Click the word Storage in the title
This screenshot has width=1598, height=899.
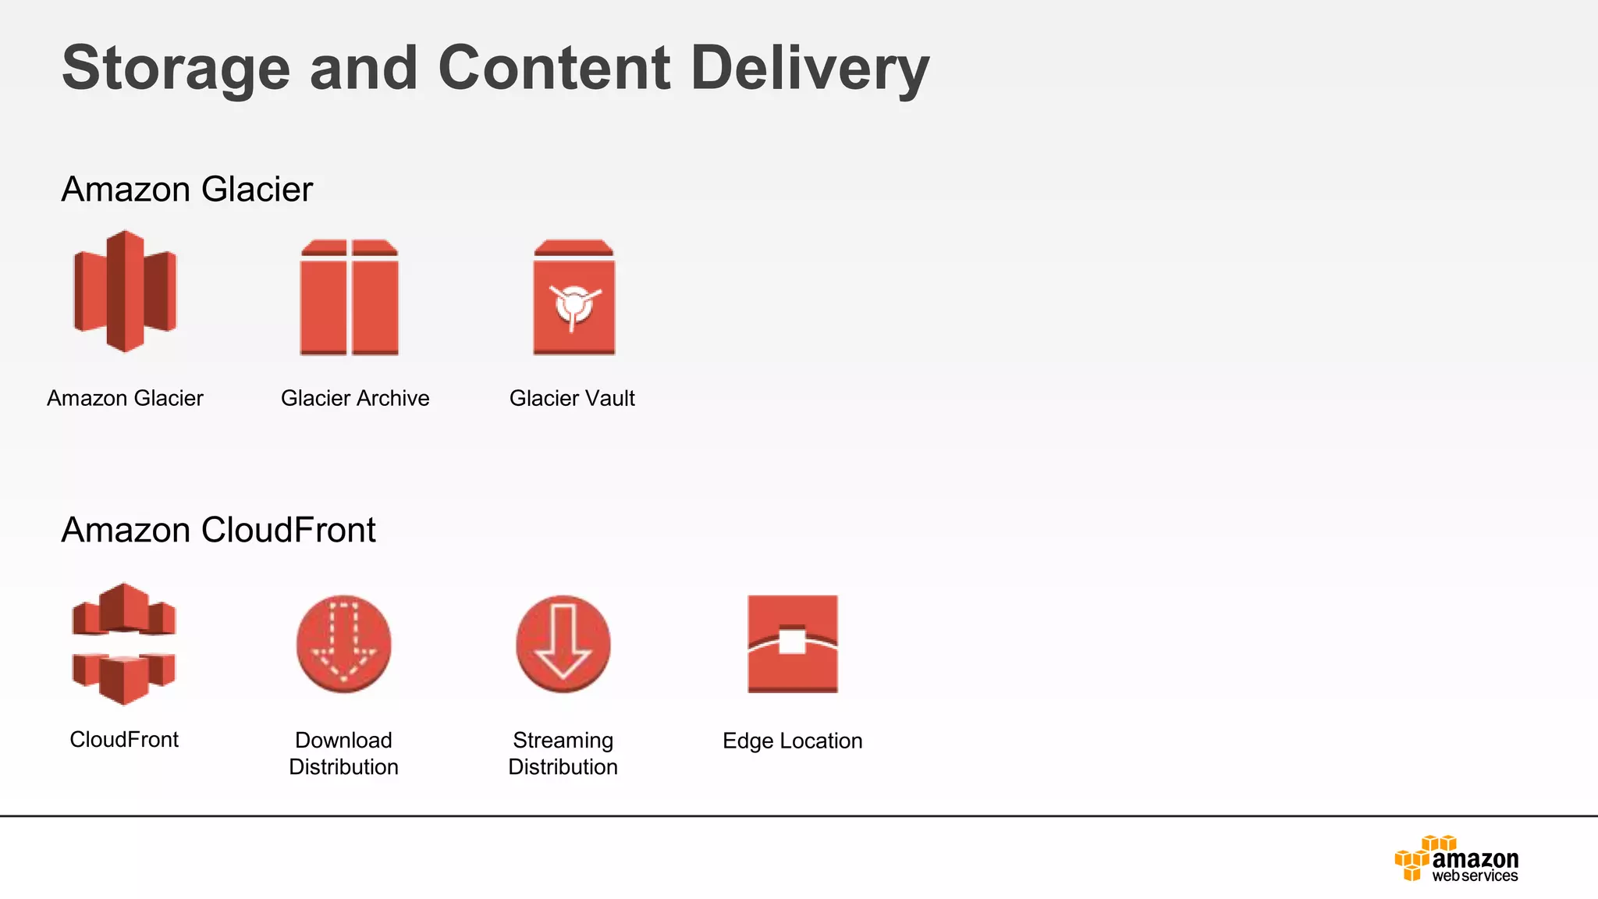(x=176, y=69)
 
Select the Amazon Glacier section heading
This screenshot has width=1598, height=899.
(x=187, y=190)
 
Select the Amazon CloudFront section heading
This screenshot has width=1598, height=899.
(x=218, y=530)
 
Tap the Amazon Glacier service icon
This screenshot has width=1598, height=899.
(x=125, y=291)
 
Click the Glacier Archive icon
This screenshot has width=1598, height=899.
(x=350, y=297)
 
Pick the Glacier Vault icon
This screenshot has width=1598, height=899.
(x=574, y=297)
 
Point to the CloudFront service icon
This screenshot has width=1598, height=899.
(x=124, y=644)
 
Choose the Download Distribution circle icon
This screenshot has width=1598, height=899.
(x=343, y=644)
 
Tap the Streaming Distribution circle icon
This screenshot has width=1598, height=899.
(x=563, y=644)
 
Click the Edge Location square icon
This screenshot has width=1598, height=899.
(x=793, y=644)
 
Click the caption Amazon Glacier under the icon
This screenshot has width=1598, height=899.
(x=125, y=398)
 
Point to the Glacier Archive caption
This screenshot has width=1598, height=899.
(x=355, y=398)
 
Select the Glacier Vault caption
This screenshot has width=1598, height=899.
(x=572, y=398)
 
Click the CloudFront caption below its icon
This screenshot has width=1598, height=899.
(x=124, y=739)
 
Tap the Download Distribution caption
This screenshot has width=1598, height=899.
(x=343, y=753)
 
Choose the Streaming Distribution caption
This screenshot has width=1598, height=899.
(x=563, y=753)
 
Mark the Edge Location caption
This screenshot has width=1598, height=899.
(x=793, y=741)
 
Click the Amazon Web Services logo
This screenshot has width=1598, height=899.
(x=1457, y=859)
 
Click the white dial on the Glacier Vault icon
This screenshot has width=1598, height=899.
(x=574, y=304)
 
